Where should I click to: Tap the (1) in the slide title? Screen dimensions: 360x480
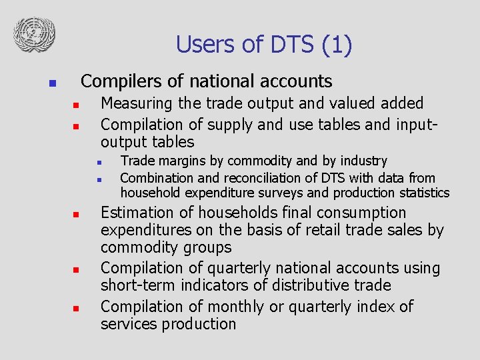point(337,45)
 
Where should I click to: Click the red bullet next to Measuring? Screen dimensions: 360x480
point(77,105)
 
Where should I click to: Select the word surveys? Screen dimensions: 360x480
point(283,193)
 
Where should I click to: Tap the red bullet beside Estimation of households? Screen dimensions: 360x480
point(77,215)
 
